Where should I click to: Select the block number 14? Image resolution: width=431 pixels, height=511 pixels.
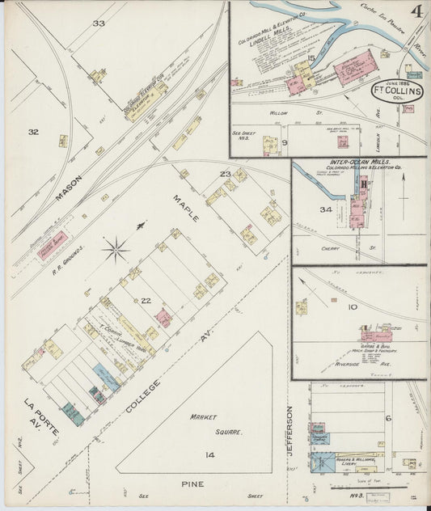coord(209,456)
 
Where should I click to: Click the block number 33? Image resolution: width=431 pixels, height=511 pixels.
coord(99,23)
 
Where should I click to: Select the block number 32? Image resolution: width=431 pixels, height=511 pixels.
coord(33,132)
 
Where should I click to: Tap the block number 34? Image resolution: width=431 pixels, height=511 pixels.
coord(304,210)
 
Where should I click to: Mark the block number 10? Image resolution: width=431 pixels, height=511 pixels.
coord(353,307)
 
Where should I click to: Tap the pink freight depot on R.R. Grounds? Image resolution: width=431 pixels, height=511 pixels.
coord(52,243)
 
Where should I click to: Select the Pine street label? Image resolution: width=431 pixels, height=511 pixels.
coord(192,484)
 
